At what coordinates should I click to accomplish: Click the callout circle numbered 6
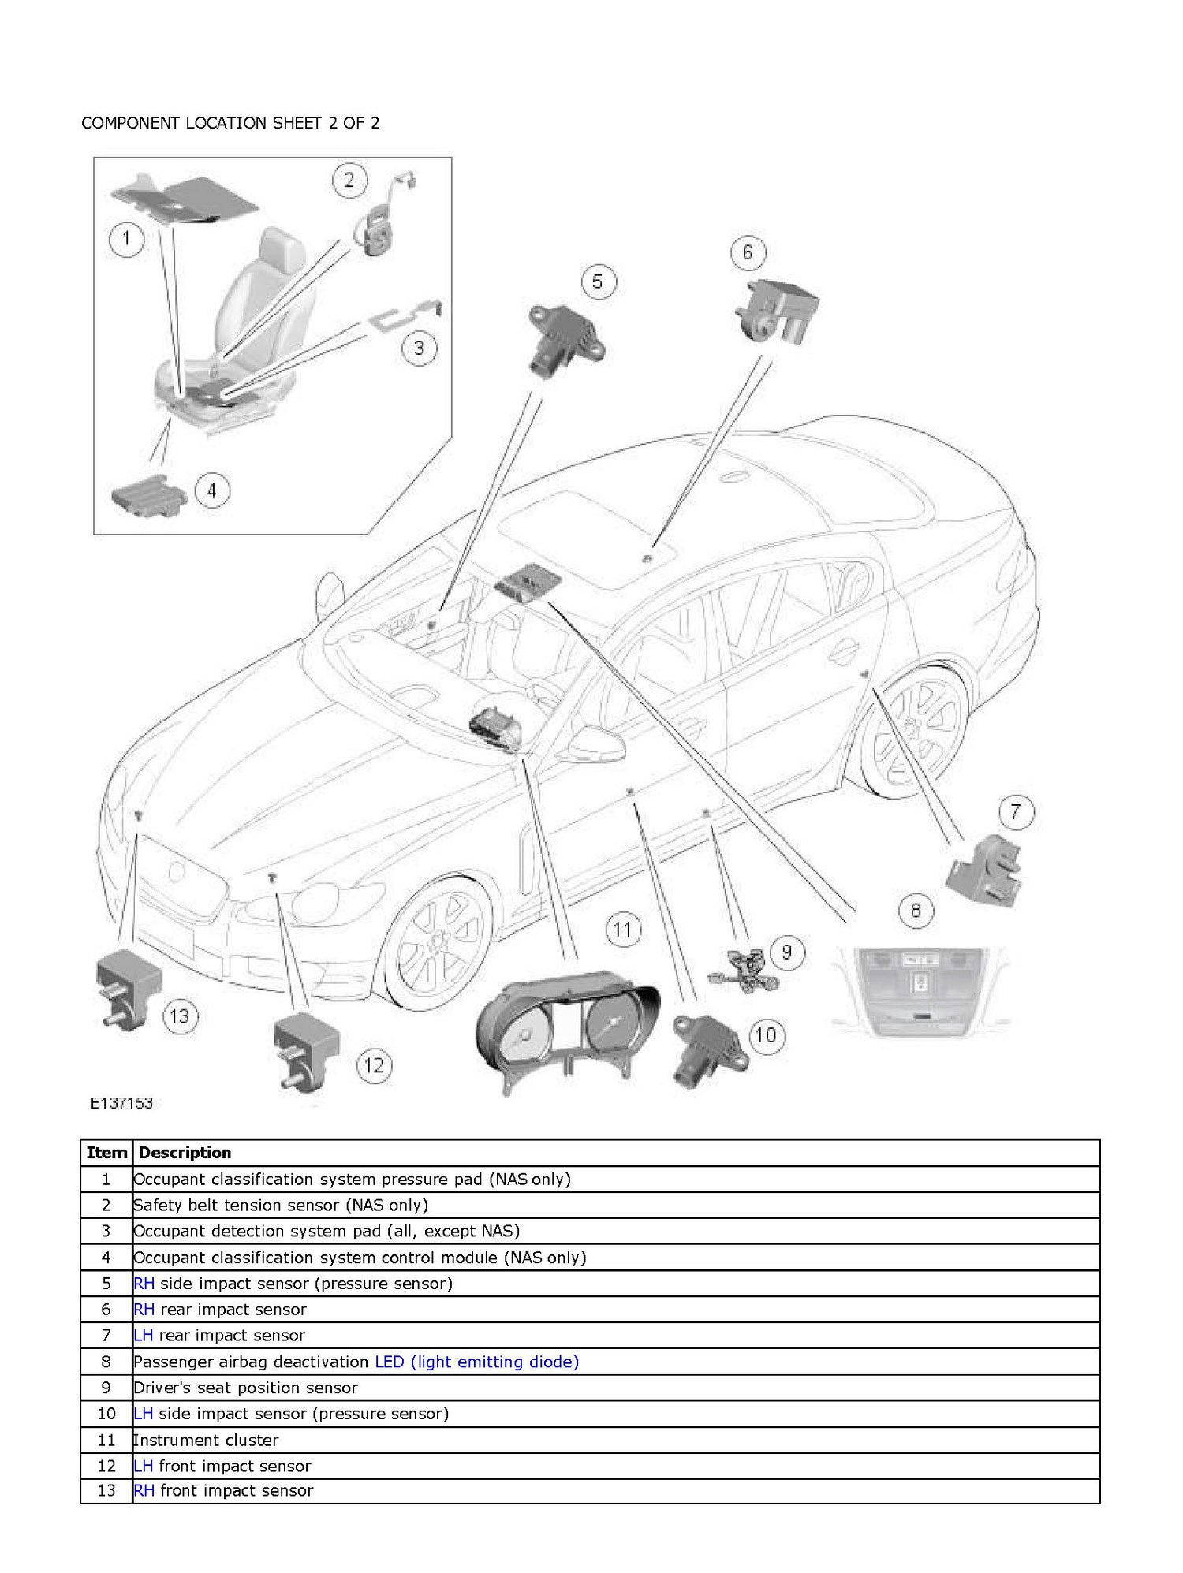coord(747,252)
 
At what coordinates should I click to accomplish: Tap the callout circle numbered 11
coord(622,929)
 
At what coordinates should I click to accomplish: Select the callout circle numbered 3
coord(419,348)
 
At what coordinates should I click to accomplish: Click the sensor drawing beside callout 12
coord(306,1051)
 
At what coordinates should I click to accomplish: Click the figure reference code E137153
coord(121,1103)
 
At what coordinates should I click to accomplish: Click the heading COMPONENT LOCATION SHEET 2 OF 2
coord(230,123)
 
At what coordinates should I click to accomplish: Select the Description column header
coord(185,1153)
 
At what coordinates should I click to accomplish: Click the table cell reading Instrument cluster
coord(206,1441)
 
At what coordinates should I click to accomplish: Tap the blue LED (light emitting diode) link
coord(476,1362)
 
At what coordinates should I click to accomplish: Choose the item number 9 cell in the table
coord(106,1388)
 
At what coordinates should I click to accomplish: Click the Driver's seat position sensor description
coord(245,1388)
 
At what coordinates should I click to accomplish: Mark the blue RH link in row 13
coord(144,1491)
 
